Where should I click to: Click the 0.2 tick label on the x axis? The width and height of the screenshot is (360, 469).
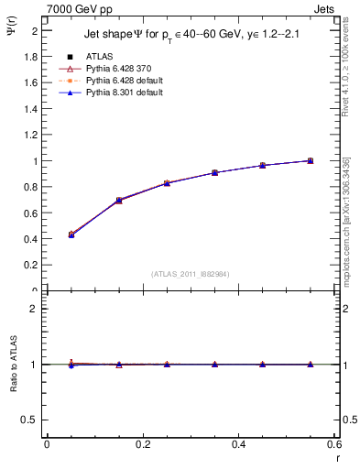tap(143, 444)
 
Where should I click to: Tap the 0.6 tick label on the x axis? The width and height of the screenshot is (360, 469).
tap(334, 444)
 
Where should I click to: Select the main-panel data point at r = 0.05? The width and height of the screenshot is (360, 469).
tap(71, 235)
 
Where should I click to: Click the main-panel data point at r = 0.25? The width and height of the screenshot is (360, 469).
tap(167, 183)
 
